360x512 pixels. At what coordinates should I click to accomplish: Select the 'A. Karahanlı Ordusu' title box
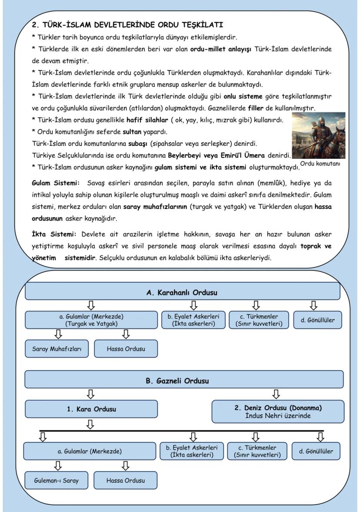point(182,292)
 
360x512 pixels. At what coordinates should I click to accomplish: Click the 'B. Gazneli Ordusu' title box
point(183,381)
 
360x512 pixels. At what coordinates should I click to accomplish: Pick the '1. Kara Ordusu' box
point(91,409)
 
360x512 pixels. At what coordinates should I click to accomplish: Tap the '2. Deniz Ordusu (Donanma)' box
point(277,412)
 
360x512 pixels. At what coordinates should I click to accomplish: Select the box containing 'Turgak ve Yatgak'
point(91,320)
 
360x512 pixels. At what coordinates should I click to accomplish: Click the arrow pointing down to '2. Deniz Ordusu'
point(276,394)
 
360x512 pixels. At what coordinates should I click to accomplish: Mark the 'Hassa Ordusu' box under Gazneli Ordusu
point(126,481)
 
